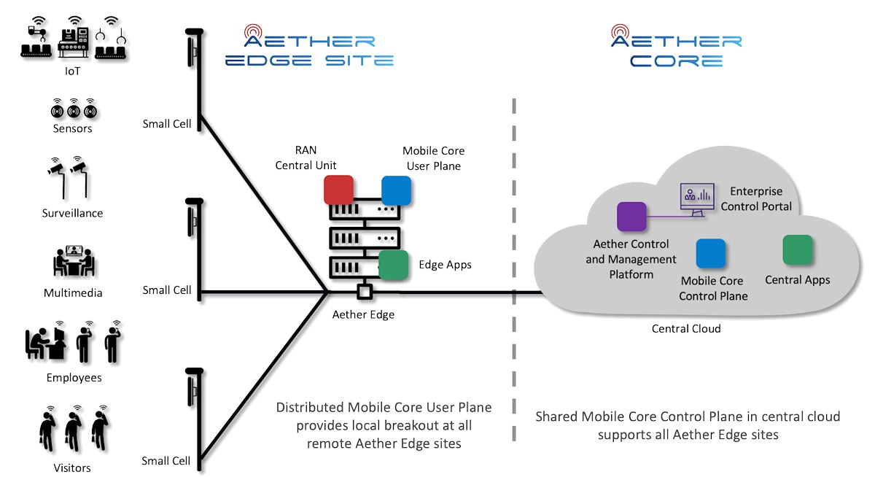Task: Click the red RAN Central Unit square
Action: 338,190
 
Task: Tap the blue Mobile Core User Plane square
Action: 396,190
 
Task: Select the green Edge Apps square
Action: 393,265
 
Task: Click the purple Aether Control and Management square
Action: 631,217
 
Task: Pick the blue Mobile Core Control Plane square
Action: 710,253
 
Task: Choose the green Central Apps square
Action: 797,250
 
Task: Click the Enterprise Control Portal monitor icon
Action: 697,199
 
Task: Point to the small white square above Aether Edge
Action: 365,292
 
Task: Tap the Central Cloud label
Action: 686,328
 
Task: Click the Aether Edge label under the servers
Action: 363,314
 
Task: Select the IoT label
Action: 73,71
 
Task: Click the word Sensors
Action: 73,128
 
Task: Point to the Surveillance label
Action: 73,213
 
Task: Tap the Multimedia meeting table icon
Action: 74,261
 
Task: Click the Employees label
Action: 74,378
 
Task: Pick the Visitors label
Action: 72,468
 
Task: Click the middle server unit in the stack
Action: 365,238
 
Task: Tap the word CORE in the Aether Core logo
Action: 676,61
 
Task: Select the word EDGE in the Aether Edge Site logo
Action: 268,61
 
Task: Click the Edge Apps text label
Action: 445,265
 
